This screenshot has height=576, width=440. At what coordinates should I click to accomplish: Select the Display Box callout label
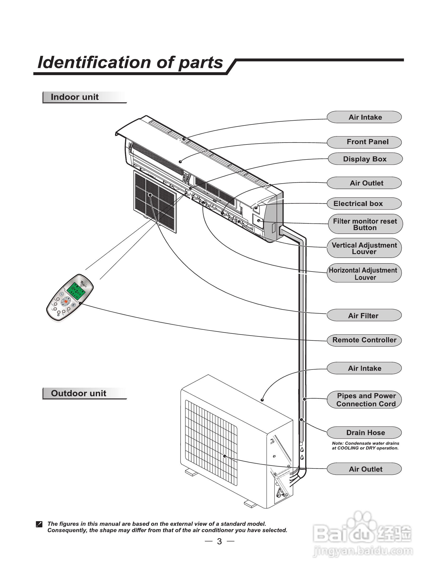(365, 159)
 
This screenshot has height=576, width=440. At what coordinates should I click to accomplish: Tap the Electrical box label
(364, 204)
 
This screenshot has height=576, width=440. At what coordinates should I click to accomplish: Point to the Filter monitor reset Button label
(365, 224)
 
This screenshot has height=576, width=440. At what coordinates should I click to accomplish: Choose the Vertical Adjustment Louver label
(364, 248)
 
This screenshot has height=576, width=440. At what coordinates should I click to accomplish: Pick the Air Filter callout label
(364, 315)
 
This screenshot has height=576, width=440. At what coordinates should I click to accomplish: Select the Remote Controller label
(364, 340)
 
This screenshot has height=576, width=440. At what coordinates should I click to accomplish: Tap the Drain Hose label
(364, 433)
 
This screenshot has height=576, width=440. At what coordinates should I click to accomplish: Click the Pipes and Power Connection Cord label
(364, 400)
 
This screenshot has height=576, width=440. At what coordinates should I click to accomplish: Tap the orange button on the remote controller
(66, 302)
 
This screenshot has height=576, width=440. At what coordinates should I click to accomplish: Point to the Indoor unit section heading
(75, 97)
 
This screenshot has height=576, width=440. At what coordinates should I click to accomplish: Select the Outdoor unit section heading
(79, 393)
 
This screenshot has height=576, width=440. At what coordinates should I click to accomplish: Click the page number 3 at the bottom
(219, 541)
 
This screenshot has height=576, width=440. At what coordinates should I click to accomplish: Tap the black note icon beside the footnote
(39, 524)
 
